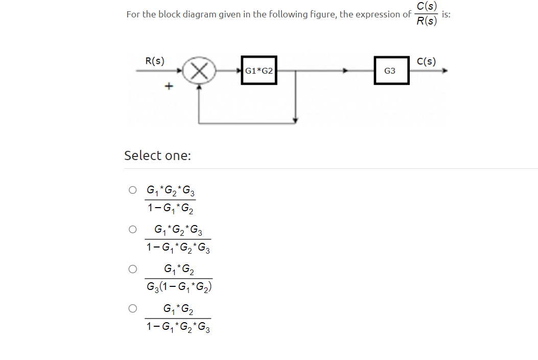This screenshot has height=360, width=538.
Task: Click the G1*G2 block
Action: pos(259,71)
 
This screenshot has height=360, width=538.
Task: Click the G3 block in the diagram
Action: pos(390,71)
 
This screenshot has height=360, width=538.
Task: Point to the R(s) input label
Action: pos(155,60)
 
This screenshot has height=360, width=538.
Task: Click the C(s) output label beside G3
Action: pos(426,61)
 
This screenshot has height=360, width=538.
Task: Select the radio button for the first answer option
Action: pos(133,190)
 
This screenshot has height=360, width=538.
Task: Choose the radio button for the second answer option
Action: pos(133,230)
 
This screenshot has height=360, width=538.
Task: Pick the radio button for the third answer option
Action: pos(133,268)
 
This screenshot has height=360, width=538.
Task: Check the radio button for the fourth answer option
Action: pos(133,308)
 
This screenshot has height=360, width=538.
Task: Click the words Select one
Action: pos(157,155)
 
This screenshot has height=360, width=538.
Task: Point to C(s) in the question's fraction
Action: pos(427,6)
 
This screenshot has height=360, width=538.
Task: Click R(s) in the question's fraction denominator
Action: pos(427,21)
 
